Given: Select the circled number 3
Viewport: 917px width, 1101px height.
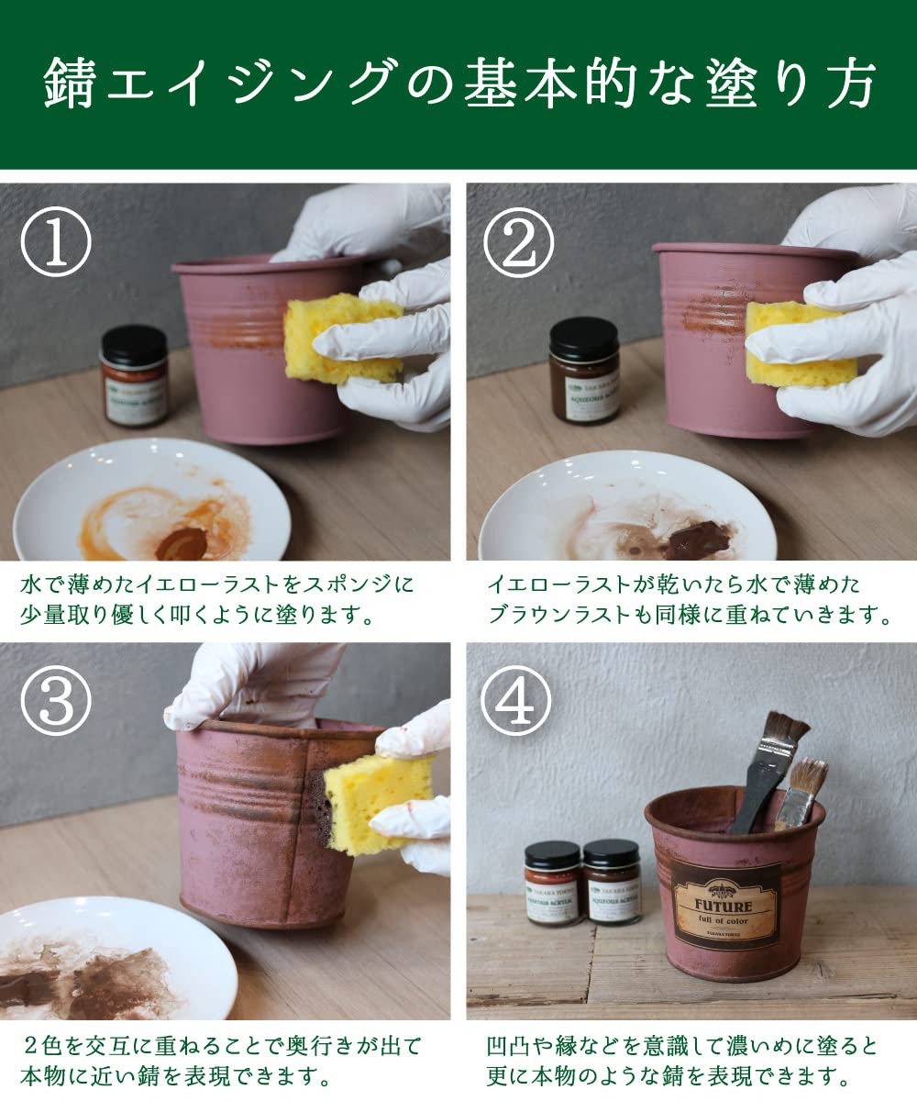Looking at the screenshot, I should pos(56,703).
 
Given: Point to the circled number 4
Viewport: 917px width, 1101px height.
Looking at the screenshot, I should pos(518,703).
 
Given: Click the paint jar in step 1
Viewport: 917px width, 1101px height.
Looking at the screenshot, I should pos(135,376).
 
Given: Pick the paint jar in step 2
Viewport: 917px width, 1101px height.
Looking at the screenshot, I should pos(584,371).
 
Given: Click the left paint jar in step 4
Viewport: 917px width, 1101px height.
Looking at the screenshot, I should pos(552,883).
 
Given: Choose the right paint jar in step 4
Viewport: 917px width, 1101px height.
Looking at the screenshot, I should pos(612,883).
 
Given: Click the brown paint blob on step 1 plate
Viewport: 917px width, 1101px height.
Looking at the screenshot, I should pos(181,544).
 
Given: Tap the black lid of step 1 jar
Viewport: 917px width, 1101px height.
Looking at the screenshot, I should pos(134,342).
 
